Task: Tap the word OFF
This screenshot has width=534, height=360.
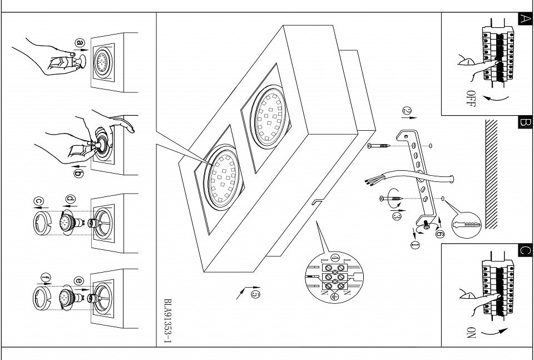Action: [x=471, y=99]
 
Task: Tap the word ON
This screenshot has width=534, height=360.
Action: [x=471, y=333]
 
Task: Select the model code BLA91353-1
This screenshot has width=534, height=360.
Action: [x=167, y=321]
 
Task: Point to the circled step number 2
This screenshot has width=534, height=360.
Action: [x=407, y=111]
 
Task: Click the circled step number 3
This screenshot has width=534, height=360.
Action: [x=397, y=215]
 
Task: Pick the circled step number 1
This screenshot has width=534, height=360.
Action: [x=415, y=244]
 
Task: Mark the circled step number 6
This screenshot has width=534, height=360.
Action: [x=440, y=234]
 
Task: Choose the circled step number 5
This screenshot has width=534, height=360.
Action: [x=255, y=294]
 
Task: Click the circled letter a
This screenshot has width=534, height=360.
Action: [x=80, y=43]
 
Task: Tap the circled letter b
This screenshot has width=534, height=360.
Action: [x=78, y=174]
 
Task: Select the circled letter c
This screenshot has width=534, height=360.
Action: [x=39, y=201]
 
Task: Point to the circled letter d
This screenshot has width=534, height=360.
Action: [x=71, y=199]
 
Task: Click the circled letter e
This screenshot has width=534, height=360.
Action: [x=78, y=280]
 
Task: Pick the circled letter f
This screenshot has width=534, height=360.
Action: [x=46, y=278]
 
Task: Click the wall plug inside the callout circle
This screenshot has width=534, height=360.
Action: [x=467, y=225]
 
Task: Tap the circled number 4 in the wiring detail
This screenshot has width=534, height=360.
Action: [x=335, y=258]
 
